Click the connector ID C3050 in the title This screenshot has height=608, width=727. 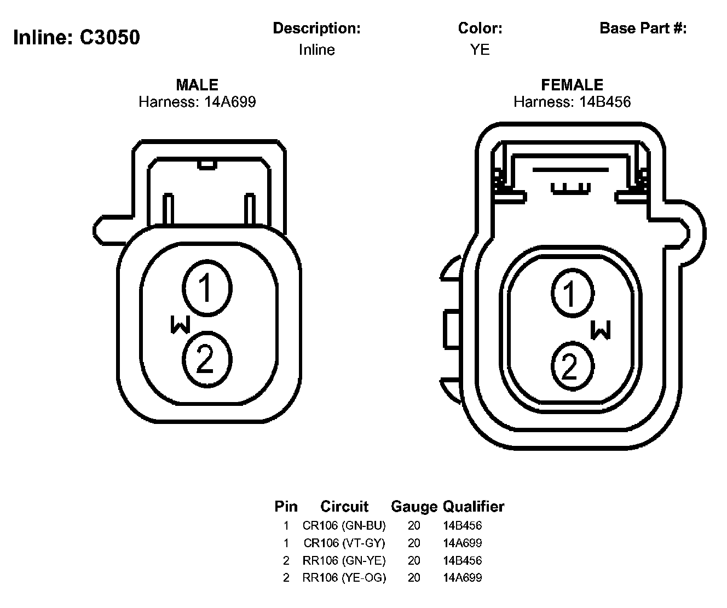point(109,37)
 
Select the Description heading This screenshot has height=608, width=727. point(316,28)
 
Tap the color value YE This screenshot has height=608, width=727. point(480,49)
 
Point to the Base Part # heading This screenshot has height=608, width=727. point(643,28)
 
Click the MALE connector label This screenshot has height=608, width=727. point(197,85)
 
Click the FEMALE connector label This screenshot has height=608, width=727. point(572,85)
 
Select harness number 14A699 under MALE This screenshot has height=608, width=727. point(230,102)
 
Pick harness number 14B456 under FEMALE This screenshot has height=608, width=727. point(605,102)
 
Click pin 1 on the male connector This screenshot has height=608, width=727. point(207,288)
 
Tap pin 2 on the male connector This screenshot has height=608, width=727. point(207,359)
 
